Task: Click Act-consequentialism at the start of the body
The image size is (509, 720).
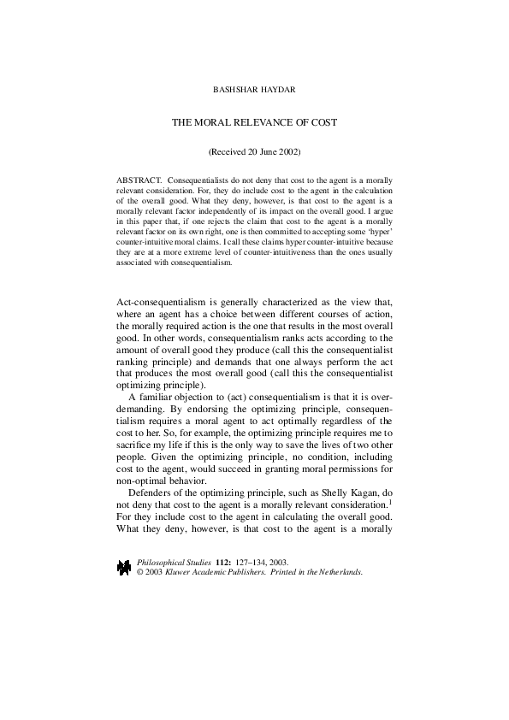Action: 163,300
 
